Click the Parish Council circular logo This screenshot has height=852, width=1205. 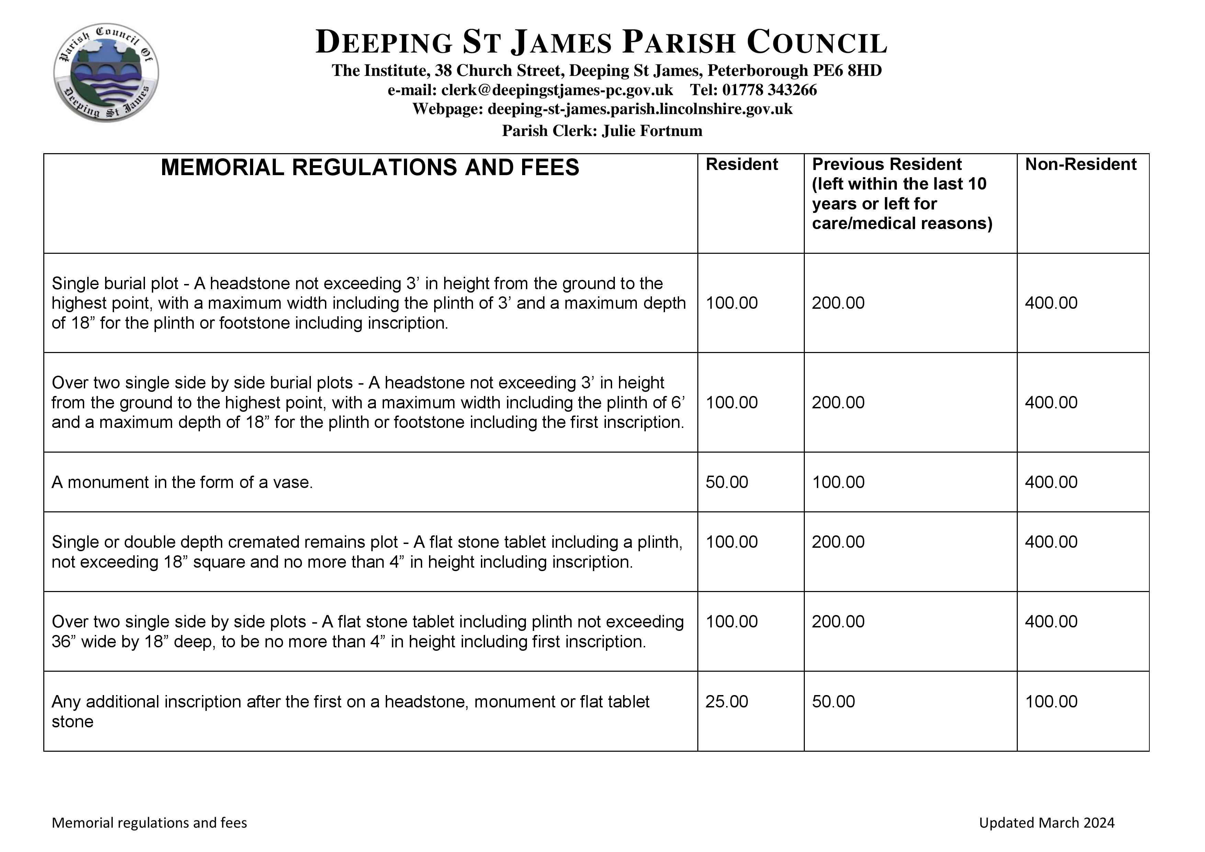[106, 72]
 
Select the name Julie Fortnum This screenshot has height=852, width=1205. [652, 130]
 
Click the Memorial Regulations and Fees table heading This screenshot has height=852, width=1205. [370, 167]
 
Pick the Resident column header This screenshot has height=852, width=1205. [742, 164]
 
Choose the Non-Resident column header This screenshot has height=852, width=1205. [1081, 164]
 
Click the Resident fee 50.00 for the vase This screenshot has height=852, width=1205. [727, 482]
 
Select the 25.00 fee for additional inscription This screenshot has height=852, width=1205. [727, 702]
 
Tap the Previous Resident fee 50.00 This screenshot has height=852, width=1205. [833, 702]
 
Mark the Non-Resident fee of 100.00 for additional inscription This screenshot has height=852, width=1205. [1051, 702]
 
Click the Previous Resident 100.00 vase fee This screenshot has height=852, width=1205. [838, 482]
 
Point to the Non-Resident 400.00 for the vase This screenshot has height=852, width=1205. [1051, 482]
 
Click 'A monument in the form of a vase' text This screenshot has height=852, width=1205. [182, 482]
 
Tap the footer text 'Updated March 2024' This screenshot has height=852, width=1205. [1047, 822]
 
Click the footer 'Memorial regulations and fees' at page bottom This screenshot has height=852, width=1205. [149, 822]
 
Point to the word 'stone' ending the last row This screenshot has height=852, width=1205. [72, 722]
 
